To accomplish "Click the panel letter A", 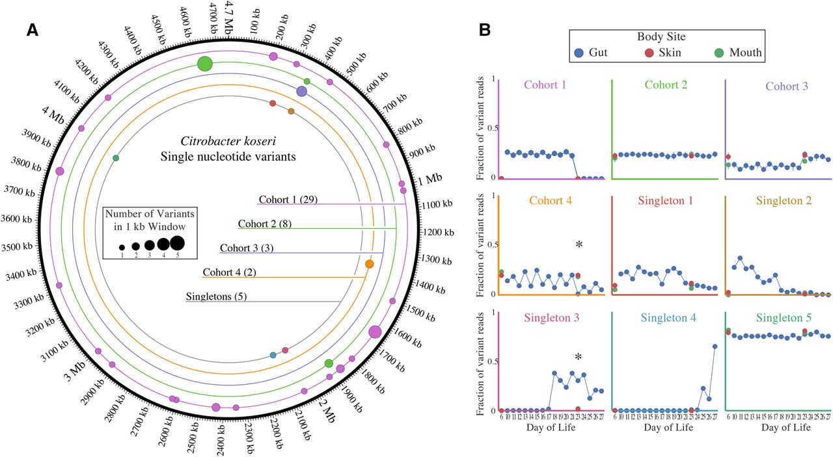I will [34, 31].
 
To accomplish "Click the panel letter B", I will [484, 30].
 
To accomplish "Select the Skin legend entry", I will [662, 53].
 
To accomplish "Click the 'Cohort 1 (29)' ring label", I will [288, 199].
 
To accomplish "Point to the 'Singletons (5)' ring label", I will [216, 297].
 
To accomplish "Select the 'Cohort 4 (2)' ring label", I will [229, 272].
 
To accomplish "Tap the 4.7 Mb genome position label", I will [228, 14].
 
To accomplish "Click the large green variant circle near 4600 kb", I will [205, 64].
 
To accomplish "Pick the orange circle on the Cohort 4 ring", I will [370, 264].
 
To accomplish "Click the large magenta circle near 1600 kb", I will [375, 332].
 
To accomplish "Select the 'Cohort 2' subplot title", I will [666, 85].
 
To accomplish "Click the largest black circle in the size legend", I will [177, 243].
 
